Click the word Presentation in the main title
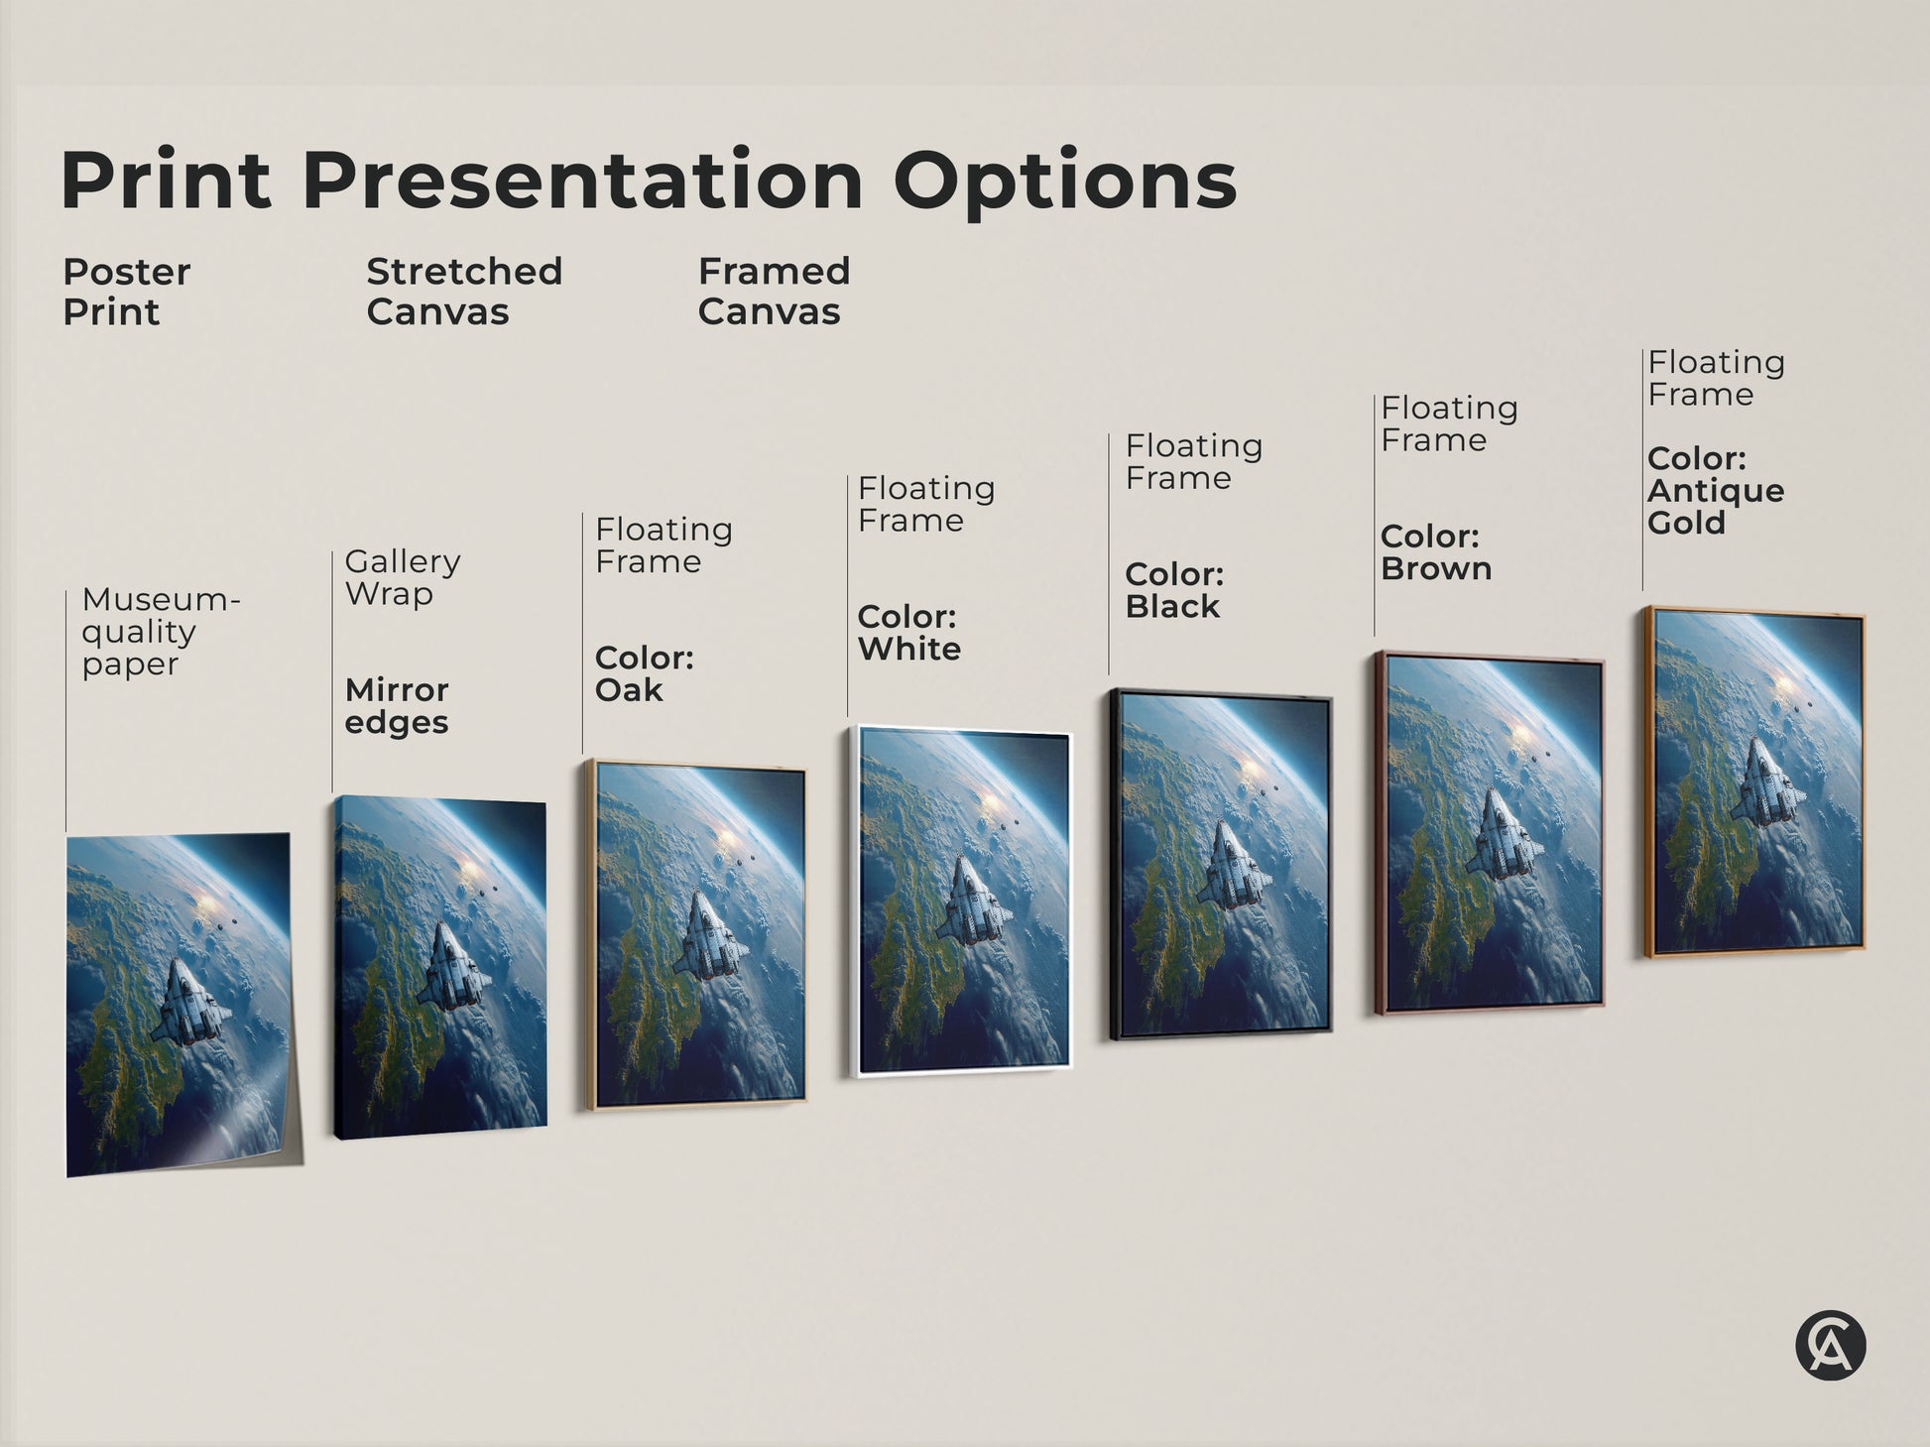click(590, 181)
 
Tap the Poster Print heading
click(126, 292)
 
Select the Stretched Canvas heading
click(464, 292)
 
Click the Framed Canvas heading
click(774, 292)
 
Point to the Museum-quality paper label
click(159, 632)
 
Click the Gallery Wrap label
click(402, 577)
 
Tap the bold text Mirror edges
click(397, 705)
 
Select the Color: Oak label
click(644, 673)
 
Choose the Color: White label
click(908, 633)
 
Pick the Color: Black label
click(1174, 590)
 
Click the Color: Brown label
click(1436, 552)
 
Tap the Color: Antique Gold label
click(1715, 491)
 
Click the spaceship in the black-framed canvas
click(1234, 866)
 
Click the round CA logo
click(1830, 1346)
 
